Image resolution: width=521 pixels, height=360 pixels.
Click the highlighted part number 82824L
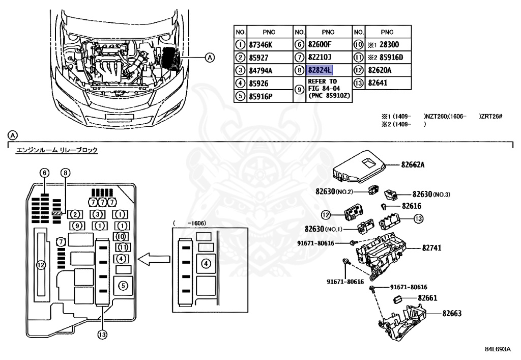click(319, 70)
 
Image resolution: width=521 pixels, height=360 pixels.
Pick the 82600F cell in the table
click(320, 44)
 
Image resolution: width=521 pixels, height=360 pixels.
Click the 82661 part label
click(428, 297)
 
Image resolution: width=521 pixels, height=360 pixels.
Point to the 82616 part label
click(412, 206)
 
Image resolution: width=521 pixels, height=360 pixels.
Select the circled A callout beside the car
click(209, 57)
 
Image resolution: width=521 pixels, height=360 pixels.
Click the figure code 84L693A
click(497, 349)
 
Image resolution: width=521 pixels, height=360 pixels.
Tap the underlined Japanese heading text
click(57, 150)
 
